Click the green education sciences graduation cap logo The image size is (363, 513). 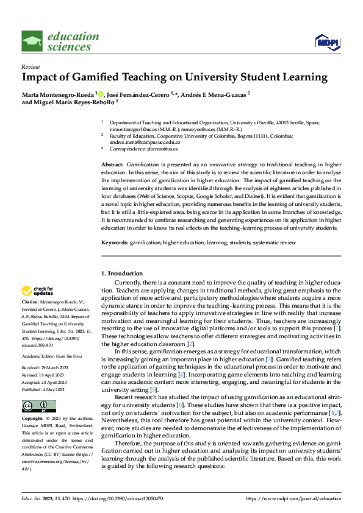32,41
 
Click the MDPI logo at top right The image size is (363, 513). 326,41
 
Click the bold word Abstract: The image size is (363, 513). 112,165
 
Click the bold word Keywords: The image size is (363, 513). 115,242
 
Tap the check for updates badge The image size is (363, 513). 37,291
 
